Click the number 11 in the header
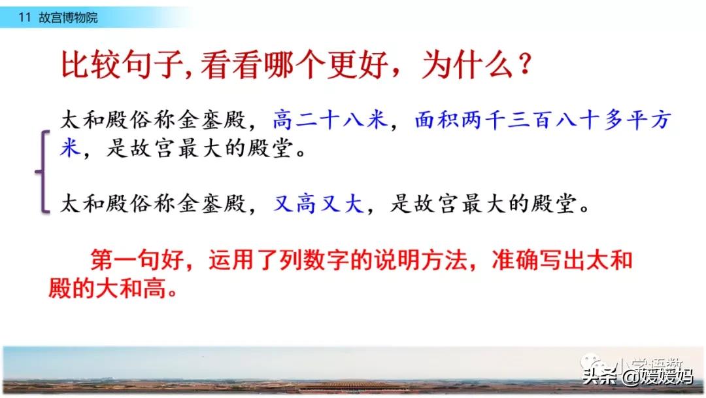24,18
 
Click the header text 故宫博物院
68,18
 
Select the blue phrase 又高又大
318,204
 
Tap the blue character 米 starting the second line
70,147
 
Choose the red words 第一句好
137,260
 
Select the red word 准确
514,260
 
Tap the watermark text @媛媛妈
658,376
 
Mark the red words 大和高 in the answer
131,287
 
